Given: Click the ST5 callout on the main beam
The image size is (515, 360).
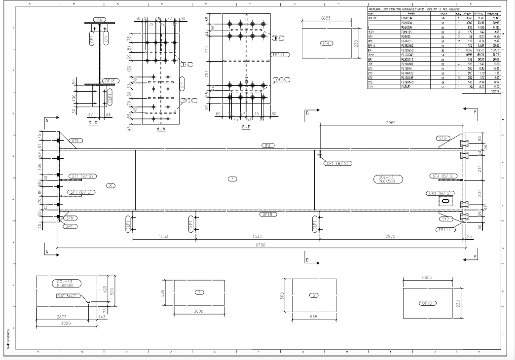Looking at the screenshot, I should click(x=75, y=141).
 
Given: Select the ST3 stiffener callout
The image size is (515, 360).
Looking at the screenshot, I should click(x=443, y=138).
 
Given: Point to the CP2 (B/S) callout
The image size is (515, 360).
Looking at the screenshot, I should click(x=441, y=193).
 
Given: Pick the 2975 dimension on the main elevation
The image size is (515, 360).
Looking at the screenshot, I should click(x=390, y=237).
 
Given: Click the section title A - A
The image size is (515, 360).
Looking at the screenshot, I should click(x=161, y=129).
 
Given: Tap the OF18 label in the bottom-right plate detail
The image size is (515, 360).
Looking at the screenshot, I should click(x=427, y=303).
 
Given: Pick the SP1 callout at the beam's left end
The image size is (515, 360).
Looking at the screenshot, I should click(x=70, y=226).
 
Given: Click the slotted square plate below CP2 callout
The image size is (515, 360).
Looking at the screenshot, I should click(x=445, y=201).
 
